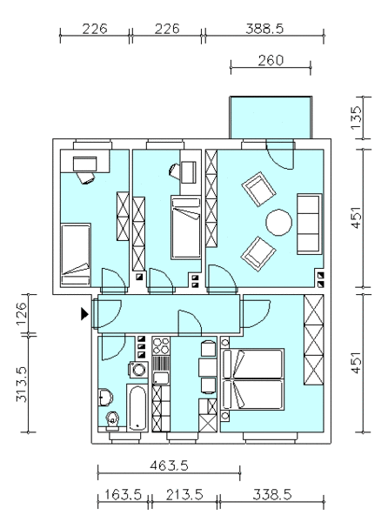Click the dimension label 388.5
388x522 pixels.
264,29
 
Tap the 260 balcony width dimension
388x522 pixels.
271,61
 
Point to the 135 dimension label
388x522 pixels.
356,117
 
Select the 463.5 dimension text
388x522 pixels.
169,465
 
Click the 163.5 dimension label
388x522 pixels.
124,494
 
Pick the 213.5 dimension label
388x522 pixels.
184,494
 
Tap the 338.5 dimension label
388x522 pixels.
272,494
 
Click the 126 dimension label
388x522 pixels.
21,313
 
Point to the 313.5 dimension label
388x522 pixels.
21,385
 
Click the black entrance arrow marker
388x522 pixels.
84,313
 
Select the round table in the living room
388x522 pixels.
279,223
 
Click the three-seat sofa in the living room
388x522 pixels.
310,224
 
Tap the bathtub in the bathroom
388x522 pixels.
137,408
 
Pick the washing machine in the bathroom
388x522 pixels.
138,370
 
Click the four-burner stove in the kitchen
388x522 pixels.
161,345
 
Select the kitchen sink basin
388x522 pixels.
161,378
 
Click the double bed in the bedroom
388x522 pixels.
252,379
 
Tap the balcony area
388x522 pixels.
271,117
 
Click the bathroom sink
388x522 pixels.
105,398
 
